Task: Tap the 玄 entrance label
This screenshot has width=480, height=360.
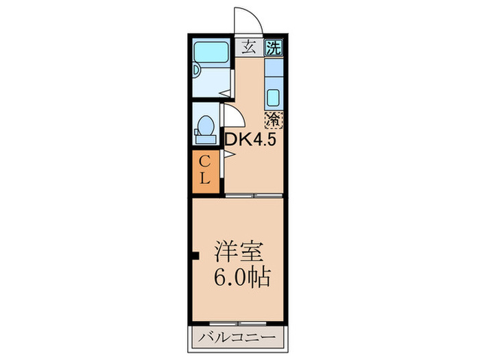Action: [x=248, y=48]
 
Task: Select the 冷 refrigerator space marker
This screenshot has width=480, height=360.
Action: [x=273, y=119]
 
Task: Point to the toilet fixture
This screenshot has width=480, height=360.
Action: [x=204, y=128]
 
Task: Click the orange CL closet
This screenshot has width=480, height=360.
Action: [x=205, y=171]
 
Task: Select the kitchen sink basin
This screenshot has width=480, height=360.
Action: [x=273, y=97]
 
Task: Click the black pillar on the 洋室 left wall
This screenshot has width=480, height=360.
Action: [x=195, y=258]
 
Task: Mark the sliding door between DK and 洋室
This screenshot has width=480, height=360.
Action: [x=254, y=196]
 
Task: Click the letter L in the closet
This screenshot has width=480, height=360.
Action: [x=205, y=181]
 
